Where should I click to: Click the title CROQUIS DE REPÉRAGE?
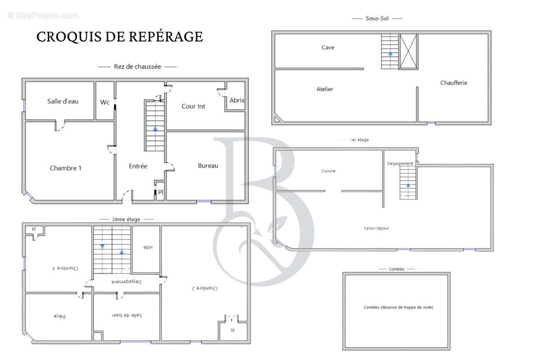pos(120,37)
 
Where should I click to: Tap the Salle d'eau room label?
pos(63,101)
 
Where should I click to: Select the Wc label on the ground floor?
pos(105,102)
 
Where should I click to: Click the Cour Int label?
pos(193,106)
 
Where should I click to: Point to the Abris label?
pos(237,100)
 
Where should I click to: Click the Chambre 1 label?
pos(66,168)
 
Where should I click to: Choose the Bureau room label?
pos(208,166)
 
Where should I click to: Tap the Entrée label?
pos(138,166)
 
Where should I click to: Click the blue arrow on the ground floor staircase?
pos(155,129)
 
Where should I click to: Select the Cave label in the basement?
pos(328,47)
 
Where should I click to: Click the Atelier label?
pos(325,89)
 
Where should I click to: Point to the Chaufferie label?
pos(454,82)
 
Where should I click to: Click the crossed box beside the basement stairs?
pos(409,52)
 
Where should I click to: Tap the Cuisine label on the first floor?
pos(328,171)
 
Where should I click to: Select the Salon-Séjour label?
pos(377,228)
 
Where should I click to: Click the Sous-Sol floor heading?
pos(377,18)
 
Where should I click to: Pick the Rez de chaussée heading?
pos(138,67)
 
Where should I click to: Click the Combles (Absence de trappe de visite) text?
pos(399,307)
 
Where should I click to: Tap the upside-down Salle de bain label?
pos(126,315)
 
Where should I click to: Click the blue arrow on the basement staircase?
pos(390,54)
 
